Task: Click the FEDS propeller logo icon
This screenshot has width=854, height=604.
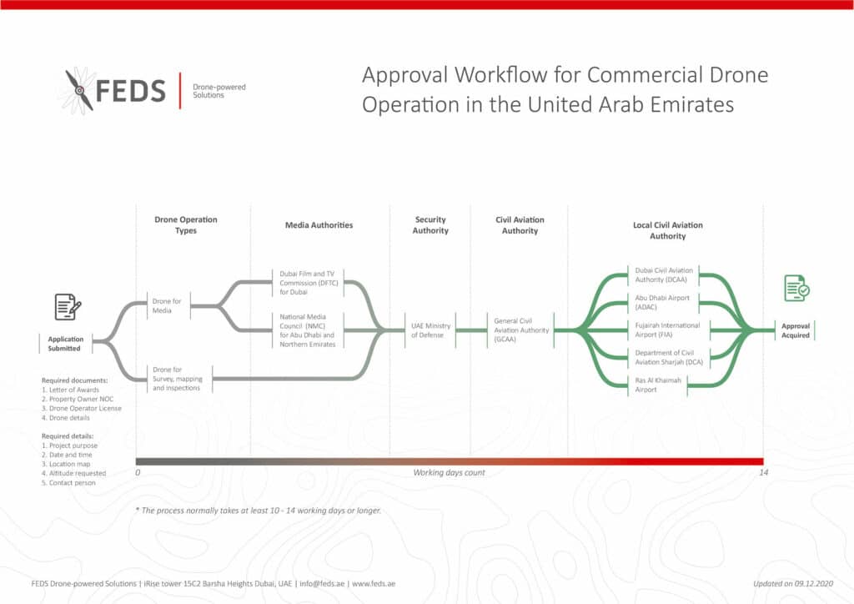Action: pyautogui.click(x=80, y=89)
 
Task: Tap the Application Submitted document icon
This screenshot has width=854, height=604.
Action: pyautogui.click(x=68, y=307)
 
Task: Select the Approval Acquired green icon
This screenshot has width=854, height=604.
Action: pyautogui.click(x=796, y=288)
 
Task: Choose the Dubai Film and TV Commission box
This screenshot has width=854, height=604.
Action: pyautogui.click(x=308, y=282)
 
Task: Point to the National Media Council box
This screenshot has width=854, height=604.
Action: pyautogui.click(x=308, y=330)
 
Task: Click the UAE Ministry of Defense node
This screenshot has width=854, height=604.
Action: pyautogui.click(x=430, y=330)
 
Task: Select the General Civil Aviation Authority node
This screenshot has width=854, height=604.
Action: pyautogui.click(x=520, y=330)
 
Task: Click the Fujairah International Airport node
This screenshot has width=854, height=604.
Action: pyautogui.click(x=667, y=330)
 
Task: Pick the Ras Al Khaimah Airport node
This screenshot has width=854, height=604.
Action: pyautogui.click(x=658, y=385)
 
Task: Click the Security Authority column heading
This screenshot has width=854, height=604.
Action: pyautogui.click(x=430, y=225)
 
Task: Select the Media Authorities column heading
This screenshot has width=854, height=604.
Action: pyautogui.click(x=319, y=225)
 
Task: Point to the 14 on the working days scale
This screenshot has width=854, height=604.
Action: pyautogui.click(x=762, y=473)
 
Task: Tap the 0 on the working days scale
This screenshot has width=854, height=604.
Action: pyautogui.click(x=138, y=473)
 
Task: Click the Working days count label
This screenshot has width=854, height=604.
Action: pyautogui.click(x=449, y=473)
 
